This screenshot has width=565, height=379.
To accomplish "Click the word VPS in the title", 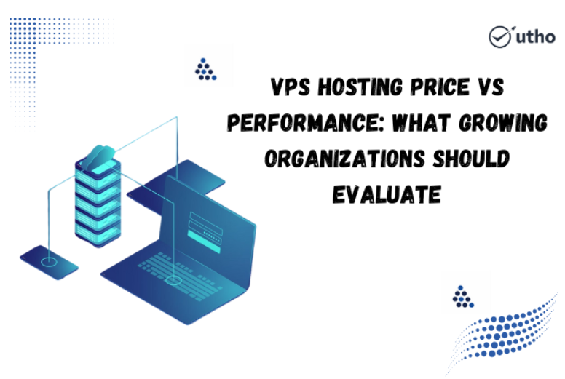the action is (x=290, y=87).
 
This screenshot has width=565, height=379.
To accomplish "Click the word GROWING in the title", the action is (x=503, y=123).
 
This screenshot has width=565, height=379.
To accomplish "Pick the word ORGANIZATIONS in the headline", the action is (x=344, y=159).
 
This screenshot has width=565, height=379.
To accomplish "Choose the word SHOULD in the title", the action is (x=471, y=159).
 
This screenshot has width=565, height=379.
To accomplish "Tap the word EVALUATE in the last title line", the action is (x=387, y=195).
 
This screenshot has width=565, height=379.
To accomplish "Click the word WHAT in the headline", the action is (x=422, y=123).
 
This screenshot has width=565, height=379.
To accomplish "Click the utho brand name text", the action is (x=535, y=37).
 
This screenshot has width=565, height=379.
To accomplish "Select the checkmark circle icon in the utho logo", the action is (x=499, y=36).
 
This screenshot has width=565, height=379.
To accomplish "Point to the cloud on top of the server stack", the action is (x=98, y=157).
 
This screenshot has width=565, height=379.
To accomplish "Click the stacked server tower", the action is (x=98, y=204).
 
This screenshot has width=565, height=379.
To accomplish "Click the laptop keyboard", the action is (x=180, y=276).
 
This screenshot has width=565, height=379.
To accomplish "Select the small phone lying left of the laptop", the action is (x=49, y=263).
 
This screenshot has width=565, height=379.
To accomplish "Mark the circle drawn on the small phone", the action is (x=49, y=262).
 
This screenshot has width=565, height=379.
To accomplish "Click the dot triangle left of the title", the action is (x=205, y=69).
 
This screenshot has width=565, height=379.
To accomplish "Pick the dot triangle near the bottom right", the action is (x=463, y=297).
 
